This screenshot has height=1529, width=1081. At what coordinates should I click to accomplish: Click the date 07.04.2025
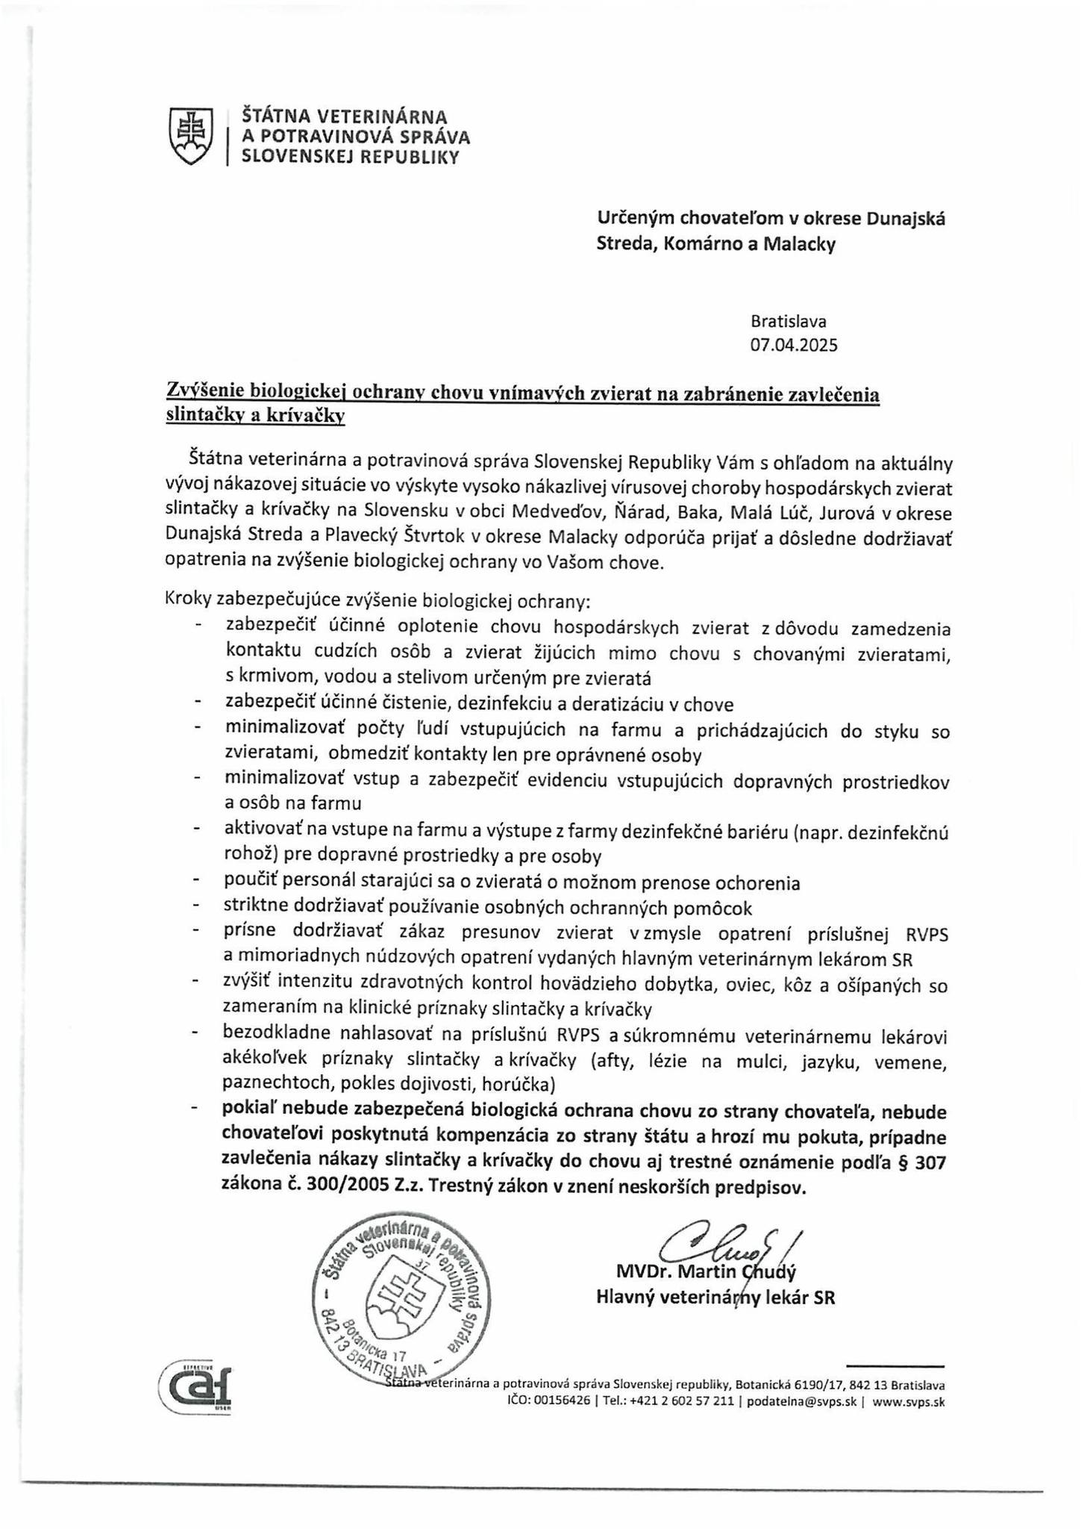[x=794, y=345]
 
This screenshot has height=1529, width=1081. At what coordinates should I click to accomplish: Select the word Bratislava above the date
[x=789, y=322]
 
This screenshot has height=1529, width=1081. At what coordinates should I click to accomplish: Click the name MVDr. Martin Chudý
[x=706, y=1271]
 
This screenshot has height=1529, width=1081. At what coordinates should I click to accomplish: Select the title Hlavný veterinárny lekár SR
[x=715, y=1298]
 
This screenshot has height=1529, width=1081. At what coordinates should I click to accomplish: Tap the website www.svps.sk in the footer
[x=908, y=1401]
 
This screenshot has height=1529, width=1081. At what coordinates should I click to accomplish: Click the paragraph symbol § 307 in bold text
[x=923, y=1162]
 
